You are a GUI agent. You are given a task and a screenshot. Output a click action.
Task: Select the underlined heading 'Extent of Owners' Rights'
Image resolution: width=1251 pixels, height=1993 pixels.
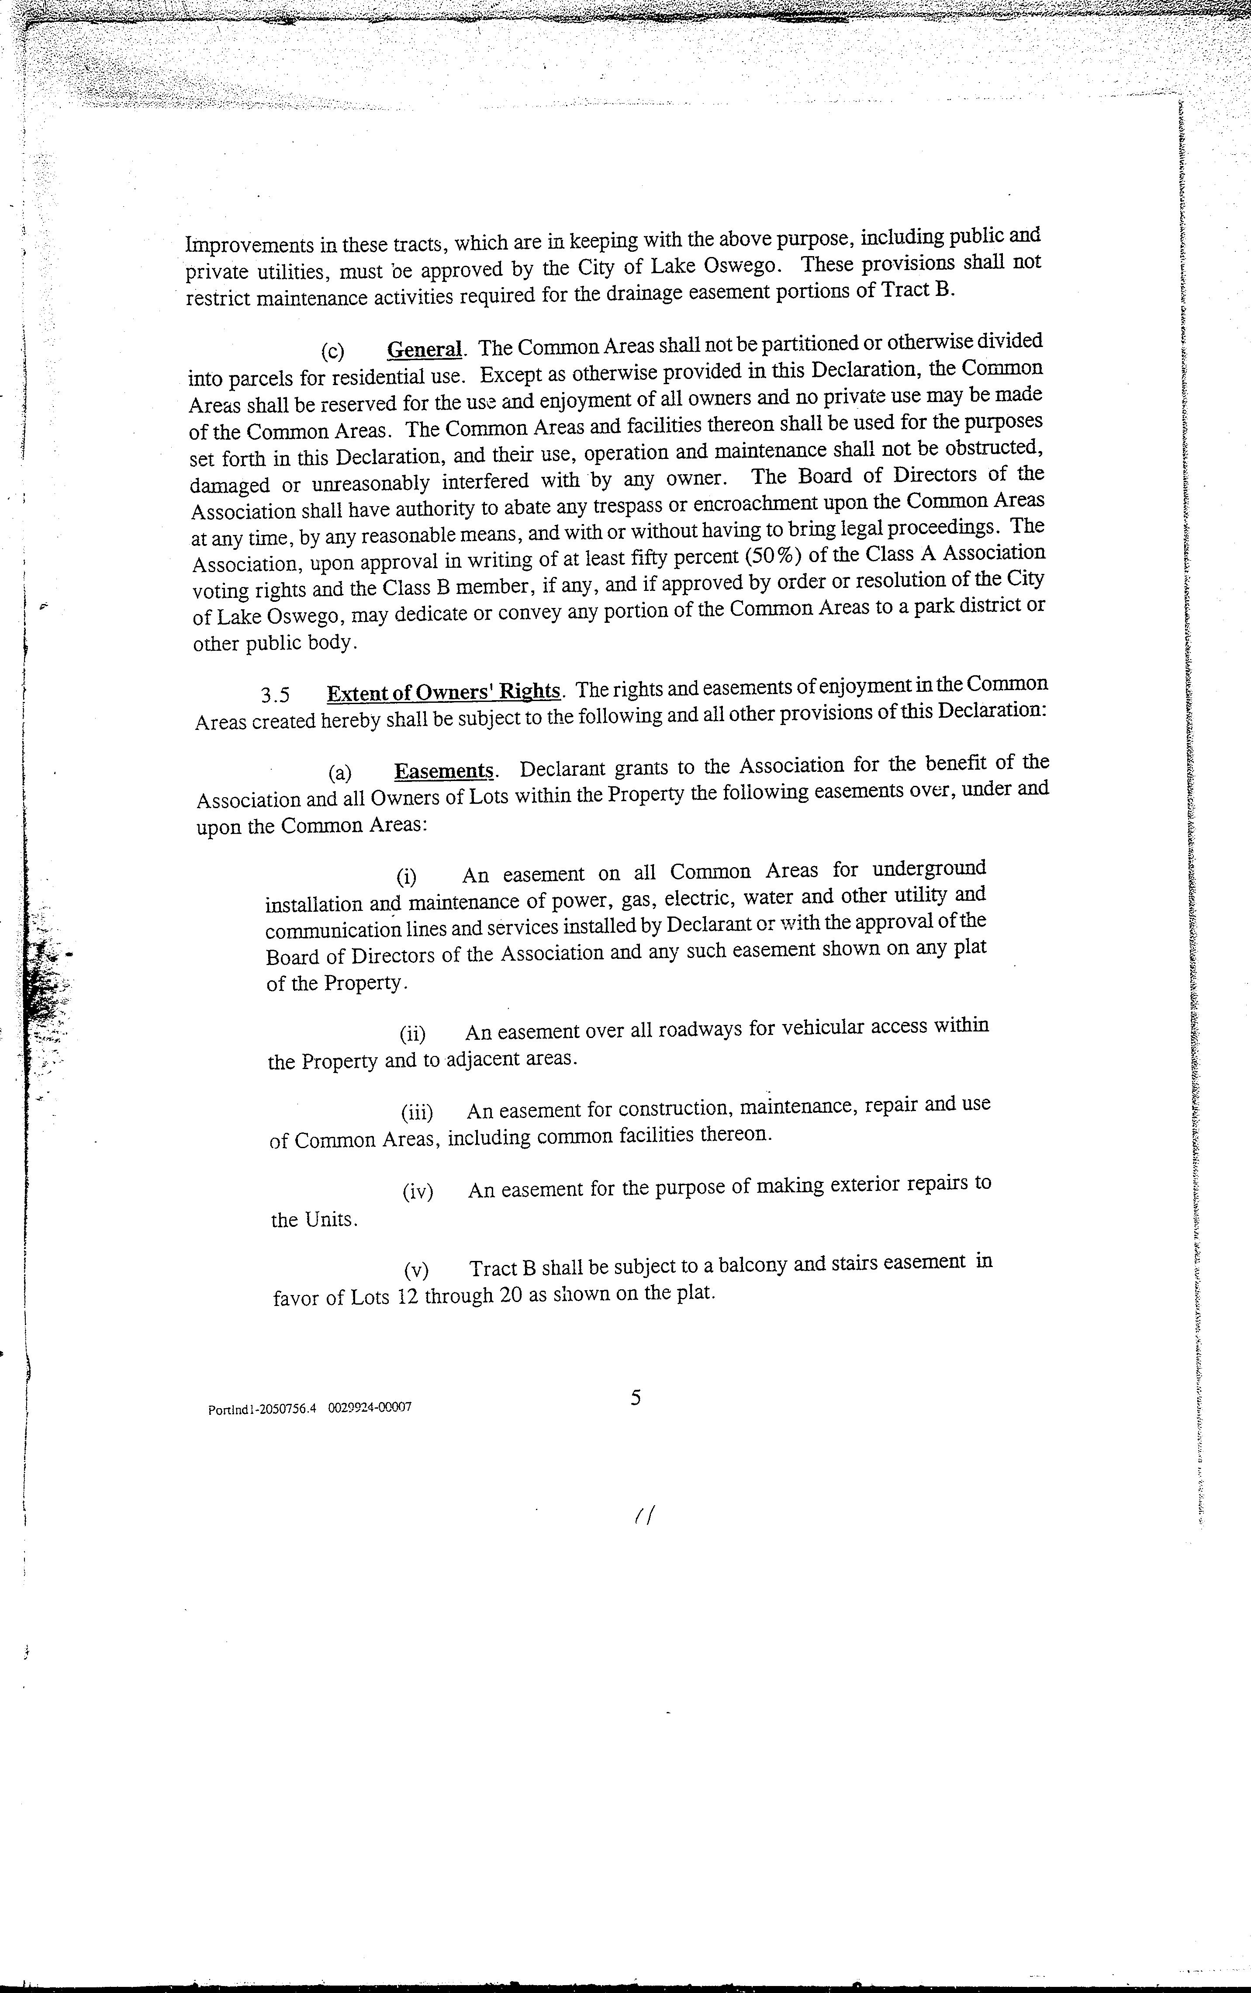coord(443,691)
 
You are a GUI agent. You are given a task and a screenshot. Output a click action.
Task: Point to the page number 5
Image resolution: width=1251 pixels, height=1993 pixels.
coord(636,1398)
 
